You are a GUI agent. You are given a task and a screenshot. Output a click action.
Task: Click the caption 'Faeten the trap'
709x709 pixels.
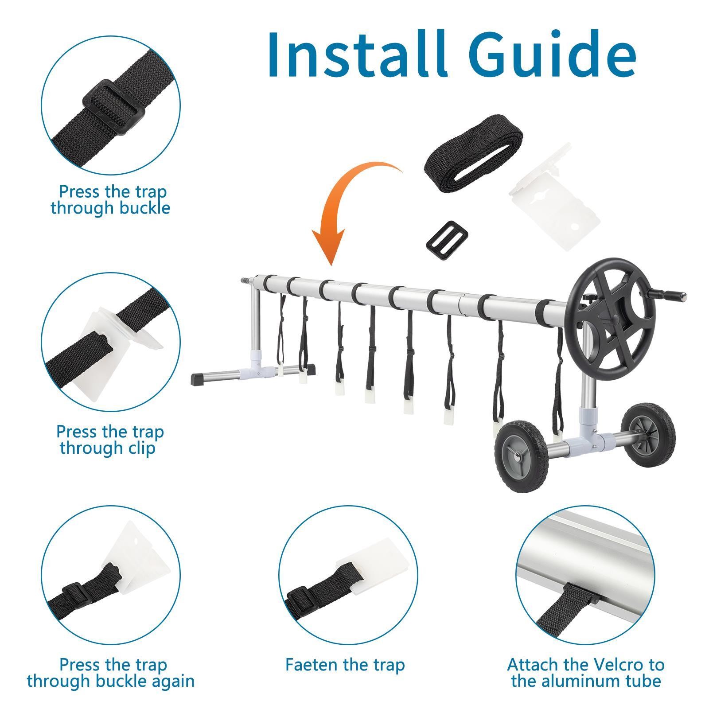(x=345, y=665)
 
